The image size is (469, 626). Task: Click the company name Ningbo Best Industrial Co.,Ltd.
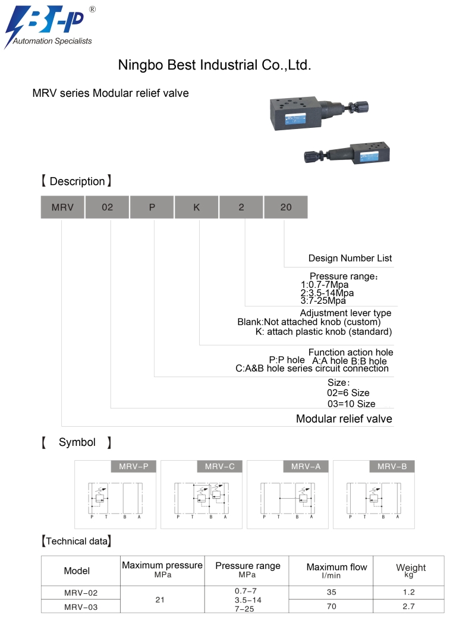pyautogui.click(x=215, y=65)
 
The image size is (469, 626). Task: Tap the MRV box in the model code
pyautogui.click(x=62, y=207)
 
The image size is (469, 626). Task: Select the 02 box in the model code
pyautogui.click(x=107, y=207)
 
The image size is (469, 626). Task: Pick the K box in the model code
pyautogui.click(x=197, y=207)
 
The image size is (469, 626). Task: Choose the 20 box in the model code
pyautogui.click(x=286, y=207)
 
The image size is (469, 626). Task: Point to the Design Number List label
pyautogui.click(x=350, y=259)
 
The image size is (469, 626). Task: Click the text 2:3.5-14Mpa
pyautogui.click(x=327, y=292)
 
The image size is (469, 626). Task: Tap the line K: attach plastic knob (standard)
pyautogui.click(x=323, y=332)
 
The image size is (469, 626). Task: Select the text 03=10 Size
pyautogui.click(x=351, y=404)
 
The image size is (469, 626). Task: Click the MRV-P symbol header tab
pyautogui.click(x=134, y=467)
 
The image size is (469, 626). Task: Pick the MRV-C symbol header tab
pyautogui.click(x=220, y=467)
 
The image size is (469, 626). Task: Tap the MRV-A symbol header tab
pyautogui.click(x=306, y=467)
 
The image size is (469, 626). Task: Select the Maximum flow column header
pyautogui.click(x=336, y=570)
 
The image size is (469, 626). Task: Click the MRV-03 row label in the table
pyautogui.click(x=81, y=607)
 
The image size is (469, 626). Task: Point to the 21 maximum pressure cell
pyautogui.click(x=160, y=600)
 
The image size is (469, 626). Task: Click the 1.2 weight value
pyautogui.click(x=408, y=592)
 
